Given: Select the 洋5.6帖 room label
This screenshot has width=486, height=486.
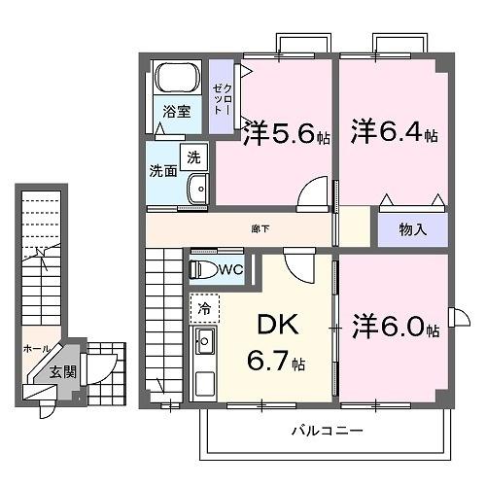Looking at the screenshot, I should pyautogui.click(x=287, y=132).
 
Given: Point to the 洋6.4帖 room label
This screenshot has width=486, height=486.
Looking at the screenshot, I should pyautogui.click(x=394, y=130).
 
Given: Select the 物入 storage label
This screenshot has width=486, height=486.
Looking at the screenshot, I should pyautogui.click(x=413, y=229).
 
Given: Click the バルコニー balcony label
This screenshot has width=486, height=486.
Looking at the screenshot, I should pyautogui.click(x=326, y=429).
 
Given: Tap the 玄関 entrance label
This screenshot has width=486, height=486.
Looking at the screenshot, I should pyautogui.click(x=61, y=372).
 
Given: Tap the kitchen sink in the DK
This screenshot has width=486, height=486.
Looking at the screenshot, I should pyautogui.click(x=205, y=342).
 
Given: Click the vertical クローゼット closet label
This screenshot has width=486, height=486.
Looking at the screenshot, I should pyautogui.click(x=221, y=92).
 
